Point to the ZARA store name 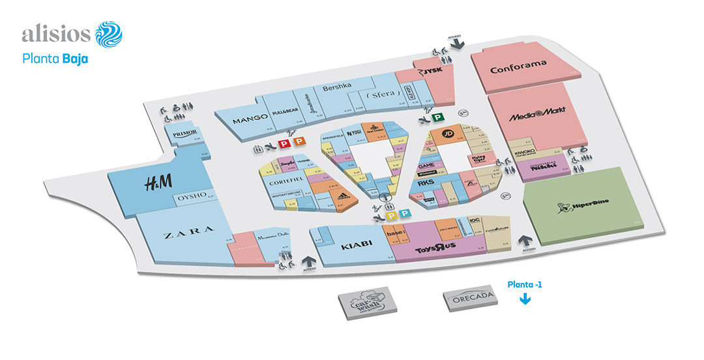pyautogui.click(x=189, y=230)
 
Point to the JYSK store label pyautogui.click(x=432, y=71)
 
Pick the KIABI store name pyautogui.click(x=356, y=245)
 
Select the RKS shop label pyautogui.click(x=426, y=184)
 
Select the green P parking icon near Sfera pyautogui.click(x=439, y=117)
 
